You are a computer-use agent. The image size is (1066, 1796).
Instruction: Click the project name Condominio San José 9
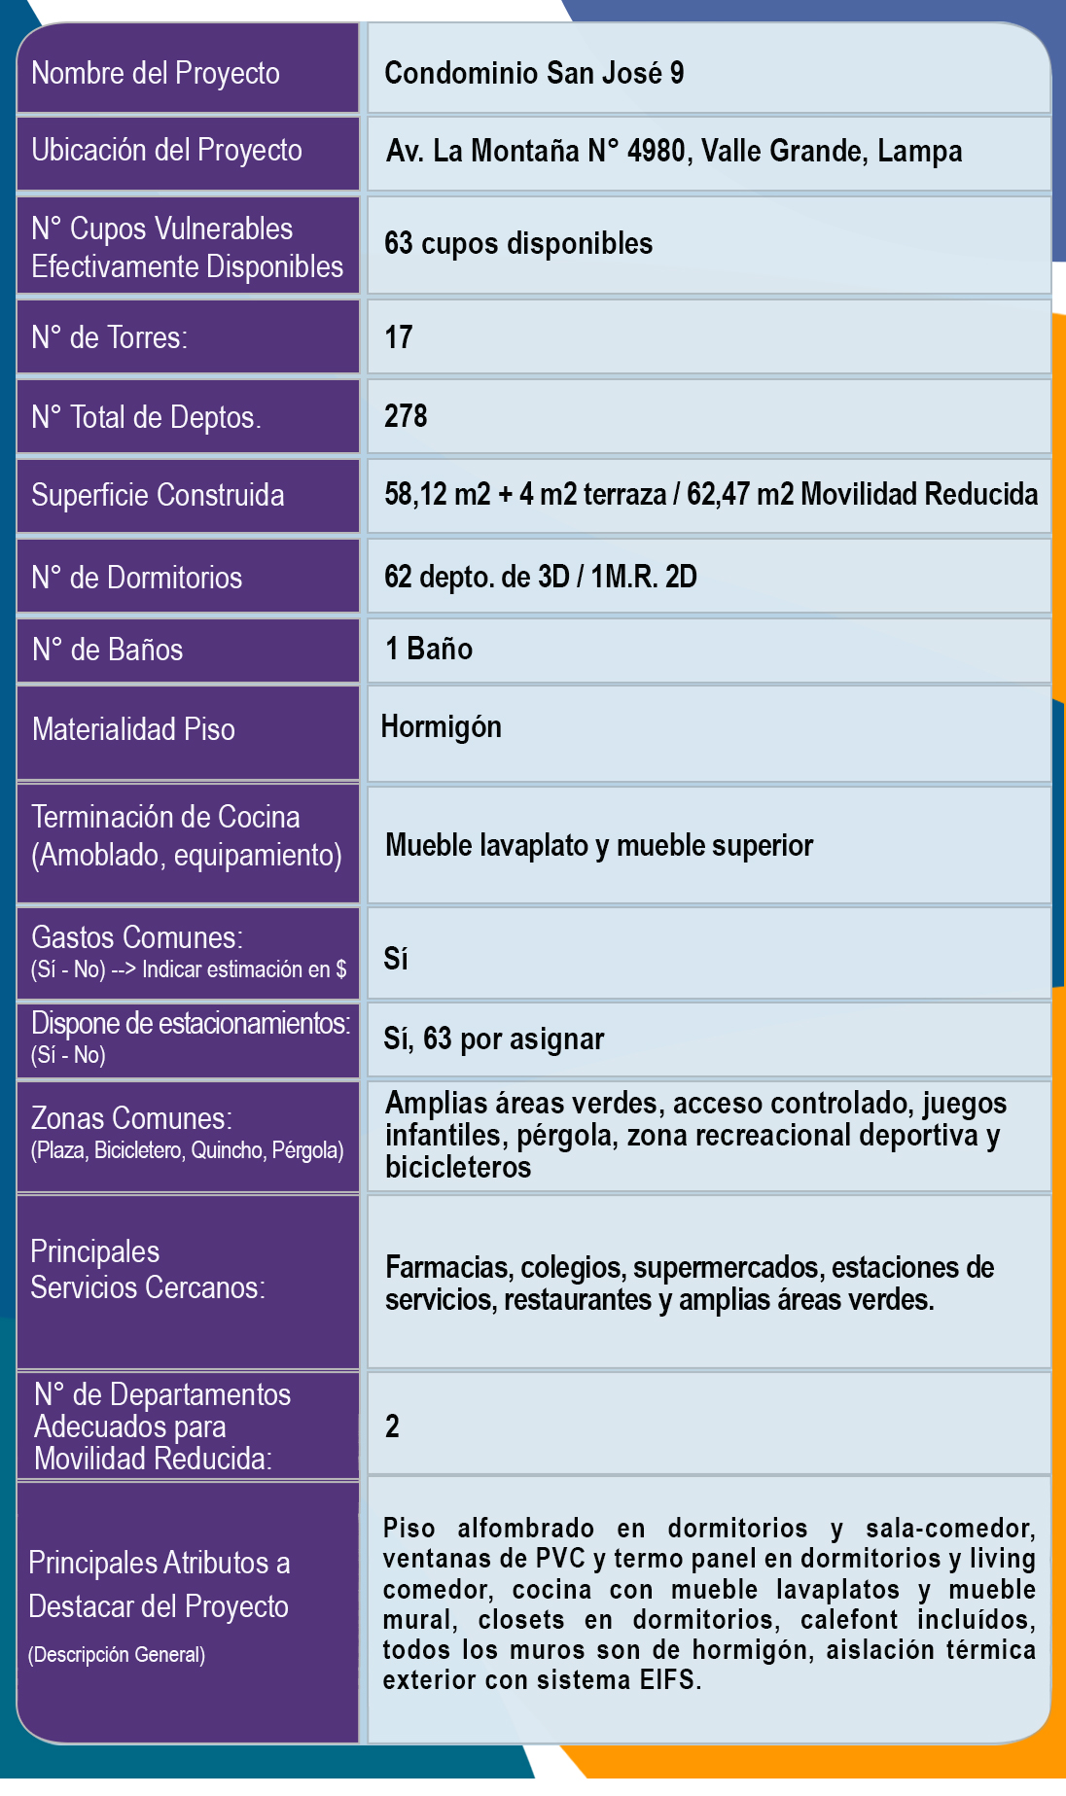click(534, 73)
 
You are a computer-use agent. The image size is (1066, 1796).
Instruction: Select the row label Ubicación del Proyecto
click(166, 151)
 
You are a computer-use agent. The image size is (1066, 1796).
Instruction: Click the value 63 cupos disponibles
click(518, 243)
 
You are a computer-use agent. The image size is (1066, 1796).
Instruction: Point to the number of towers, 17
click(399, 337)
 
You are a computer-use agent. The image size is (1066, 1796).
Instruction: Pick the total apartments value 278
click(406, 416)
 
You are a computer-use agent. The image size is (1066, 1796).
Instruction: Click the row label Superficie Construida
click(158, 495)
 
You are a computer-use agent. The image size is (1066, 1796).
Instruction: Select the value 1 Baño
click(429, 649)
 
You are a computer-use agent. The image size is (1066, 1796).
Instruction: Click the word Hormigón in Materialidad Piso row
click(442, 726)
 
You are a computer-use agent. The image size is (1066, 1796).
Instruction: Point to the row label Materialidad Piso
click(133, 729)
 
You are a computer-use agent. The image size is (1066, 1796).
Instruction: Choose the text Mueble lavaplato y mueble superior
click(599, 845)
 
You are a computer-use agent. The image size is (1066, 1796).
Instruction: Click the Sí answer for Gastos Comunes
click(396, 959)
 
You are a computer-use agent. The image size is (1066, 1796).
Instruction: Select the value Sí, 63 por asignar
click(494, 1039)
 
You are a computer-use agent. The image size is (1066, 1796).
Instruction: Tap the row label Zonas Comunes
click(131, 1118)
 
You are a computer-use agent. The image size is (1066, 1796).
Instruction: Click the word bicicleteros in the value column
click(458, 1167)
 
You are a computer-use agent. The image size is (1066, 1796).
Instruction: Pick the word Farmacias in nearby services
click(448, 1267)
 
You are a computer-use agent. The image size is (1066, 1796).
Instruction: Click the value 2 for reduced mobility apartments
click(392, 1426)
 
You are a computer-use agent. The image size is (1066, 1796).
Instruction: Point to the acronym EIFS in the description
click(668, 1680)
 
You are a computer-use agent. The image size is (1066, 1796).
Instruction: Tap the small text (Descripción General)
click(117, 1655)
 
